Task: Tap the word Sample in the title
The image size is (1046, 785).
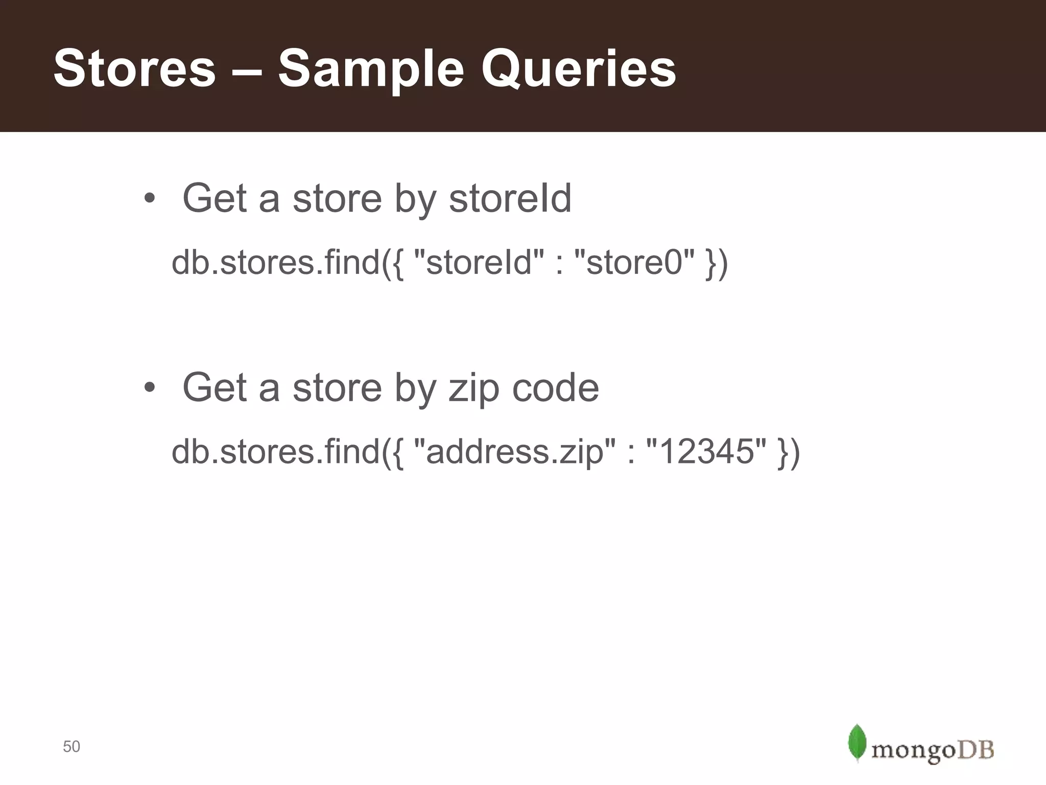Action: pos(370,68)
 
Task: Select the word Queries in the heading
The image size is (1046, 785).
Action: pos(578,68)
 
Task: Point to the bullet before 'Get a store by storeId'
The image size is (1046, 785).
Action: pos(149,199)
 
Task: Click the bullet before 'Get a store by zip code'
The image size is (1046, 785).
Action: pos(149,388)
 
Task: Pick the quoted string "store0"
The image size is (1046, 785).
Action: pos(634,263)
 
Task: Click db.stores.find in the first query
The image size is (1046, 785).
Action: pos(276,263)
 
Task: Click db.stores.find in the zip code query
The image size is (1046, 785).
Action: pos(276,452)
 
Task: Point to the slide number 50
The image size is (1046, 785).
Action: pos(72,747)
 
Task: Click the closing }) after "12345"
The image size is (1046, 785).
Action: pos(788,453)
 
